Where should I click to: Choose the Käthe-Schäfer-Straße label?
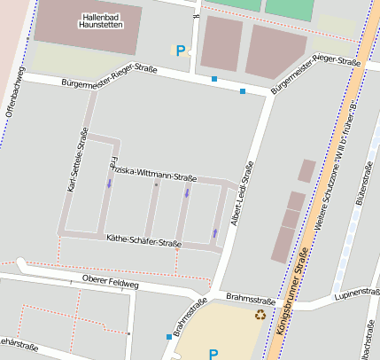[x=143, y=240]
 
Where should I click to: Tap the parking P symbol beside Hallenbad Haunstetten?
[x=181, y=51]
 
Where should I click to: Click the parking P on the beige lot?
[x=213, y=354]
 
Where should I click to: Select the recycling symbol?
[x=260, y=314]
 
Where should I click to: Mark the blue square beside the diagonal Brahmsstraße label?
[x=169, y=336]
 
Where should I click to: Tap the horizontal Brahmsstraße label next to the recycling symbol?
[x=245, y=298]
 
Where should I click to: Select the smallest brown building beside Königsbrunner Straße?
[x=306, y=170]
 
